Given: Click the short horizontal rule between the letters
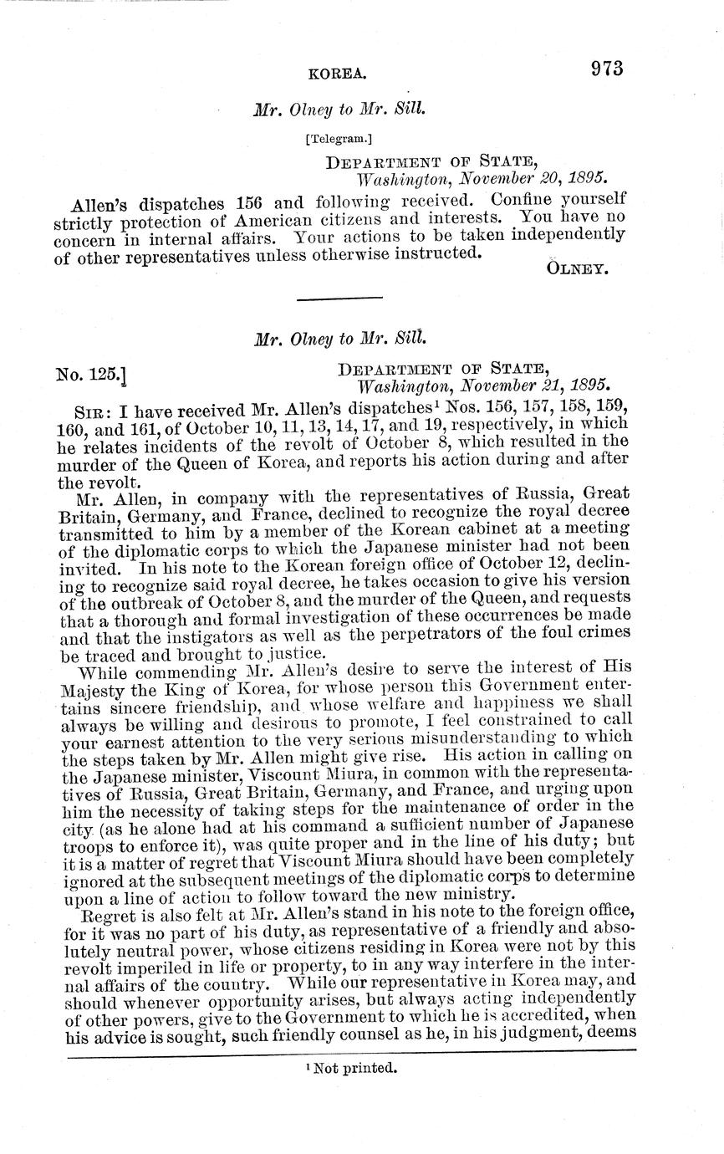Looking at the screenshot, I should coord(339,298).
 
